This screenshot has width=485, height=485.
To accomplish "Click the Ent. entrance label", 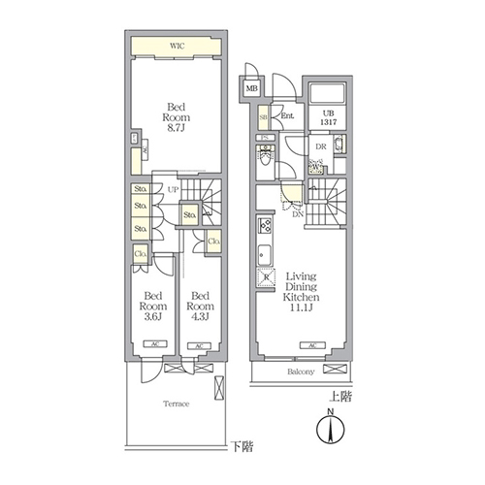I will [x=287, y=116].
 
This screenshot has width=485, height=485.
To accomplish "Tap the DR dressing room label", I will [x=319, y=146].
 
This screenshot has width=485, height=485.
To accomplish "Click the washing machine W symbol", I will [x=314, y=167].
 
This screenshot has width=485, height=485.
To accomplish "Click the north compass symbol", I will [x=332, y=431].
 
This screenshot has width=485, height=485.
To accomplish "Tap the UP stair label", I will [x=172, y=189].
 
